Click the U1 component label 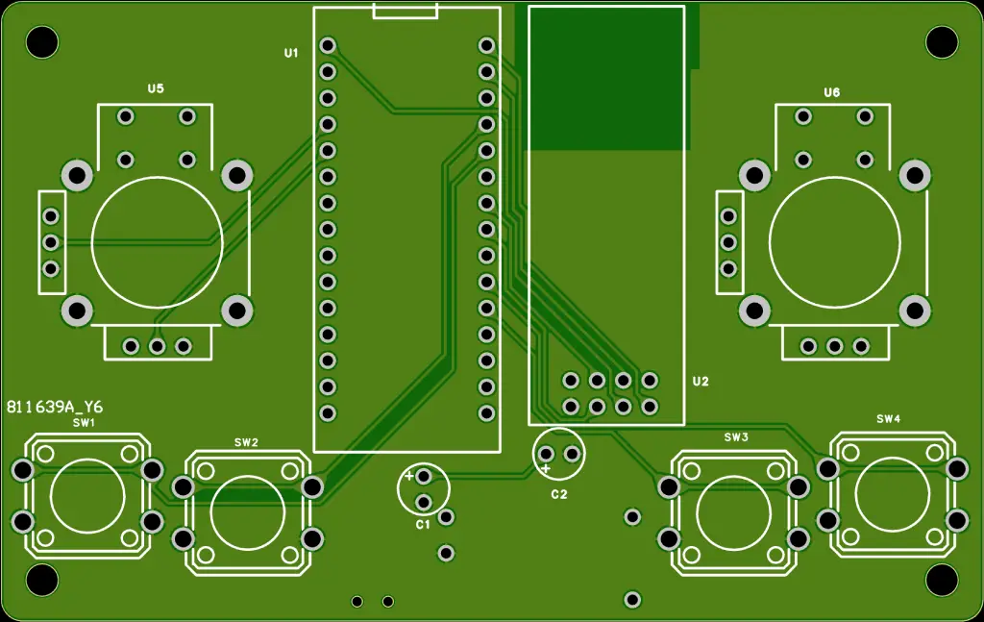pyautogui.click(x=291, y=53)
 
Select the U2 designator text pyautogui.click(x=701, y=382)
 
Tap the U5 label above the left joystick pyautogui.click(x=156, y=88)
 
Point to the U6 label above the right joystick pyautogui.click(x=832, y=92)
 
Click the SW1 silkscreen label pyautogui.click(x=84, y=423)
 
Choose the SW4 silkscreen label pyautogui.click(x=889, y=419)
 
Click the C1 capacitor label pyautogui.click(x=423, y=524)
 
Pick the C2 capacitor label pyautogui.click(x=559, y=494)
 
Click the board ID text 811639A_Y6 pyautogui.click(x=55, y=407)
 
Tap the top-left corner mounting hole pyautogui.click(x=41, y=41)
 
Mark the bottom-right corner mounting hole pyautogui.click(x=942, y=580)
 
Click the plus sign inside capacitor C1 pyautogui.click(x=409, y=476)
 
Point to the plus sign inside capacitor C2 pyautogui.click(x=546, y=468)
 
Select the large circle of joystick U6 pyautogui.click(x=835, y=240)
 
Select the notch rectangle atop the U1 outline pyautogui.click(x=406, y=12)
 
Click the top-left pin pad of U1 pyautogui.click(x=328, y=45)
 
